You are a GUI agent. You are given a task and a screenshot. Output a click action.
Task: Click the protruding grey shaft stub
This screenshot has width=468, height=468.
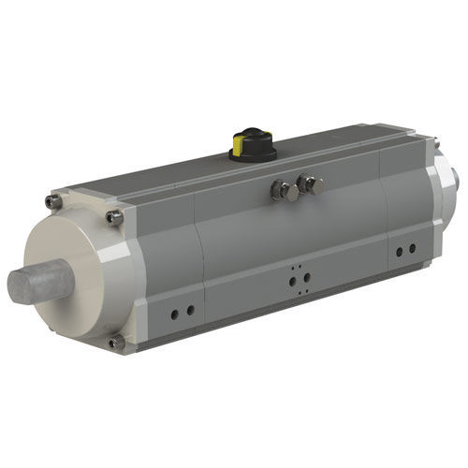(37, 280)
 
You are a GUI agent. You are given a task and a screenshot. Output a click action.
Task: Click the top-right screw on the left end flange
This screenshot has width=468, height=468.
(114, 217)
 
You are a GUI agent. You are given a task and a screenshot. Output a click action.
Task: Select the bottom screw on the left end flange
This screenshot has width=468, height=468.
(115, 343)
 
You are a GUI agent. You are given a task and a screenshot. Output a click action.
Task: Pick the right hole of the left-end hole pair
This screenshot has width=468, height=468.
(190, 311)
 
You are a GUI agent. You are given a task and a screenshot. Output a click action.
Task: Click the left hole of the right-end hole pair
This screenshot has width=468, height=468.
(399, 251)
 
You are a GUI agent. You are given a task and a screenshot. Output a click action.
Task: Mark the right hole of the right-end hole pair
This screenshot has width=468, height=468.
(411, 249)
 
